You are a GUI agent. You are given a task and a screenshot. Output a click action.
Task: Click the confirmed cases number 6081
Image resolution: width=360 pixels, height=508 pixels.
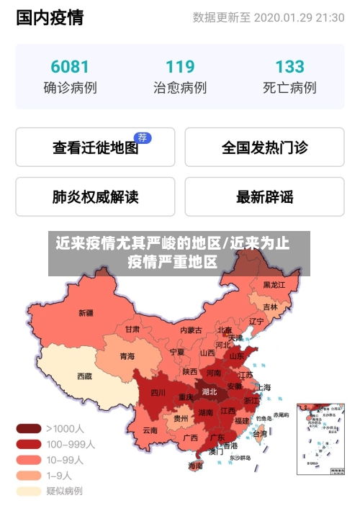click(70, 67)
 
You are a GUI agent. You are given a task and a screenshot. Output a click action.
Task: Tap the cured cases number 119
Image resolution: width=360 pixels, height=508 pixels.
click(180, 67)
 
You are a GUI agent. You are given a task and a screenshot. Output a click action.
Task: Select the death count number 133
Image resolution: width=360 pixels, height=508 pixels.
click(289, 67)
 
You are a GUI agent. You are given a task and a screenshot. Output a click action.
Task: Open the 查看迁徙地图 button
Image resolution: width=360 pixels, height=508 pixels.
click(95, 148)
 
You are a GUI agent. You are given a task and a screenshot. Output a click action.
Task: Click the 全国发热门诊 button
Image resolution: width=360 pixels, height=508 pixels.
click(264, 148)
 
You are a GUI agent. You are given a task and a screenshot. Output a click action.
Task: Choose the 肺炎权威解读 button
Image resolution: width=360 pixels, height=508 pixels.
click(95, 196)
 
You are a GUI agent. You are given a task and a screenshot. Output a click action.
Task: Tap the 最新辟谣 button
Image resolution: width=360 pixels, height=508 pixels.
click(264, 196)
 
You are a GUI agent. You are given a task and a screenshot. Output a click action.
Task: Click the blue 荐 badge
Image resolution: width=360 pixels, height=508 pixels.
click(143, 137)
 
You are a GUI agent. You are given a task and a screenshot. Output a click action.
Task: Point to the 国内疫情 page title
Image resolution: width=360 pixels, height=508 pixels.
click(50, 18)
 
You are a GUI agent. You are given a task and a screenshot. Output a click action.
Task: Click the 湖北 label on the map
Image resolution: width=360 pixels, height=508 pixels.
click(210, 392)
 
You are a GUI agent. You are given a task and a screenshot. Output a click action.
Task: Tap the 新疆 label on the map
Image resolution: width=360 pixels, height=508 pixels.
click(86, 313)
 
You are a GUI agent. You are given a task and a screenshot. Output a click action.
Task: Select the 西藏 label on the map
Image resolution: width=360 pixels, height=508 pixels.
click(84, 376)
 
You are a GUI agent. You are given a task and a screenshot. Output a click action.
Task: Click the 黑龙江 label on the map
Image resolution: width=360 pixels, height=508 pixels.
click(274, 285)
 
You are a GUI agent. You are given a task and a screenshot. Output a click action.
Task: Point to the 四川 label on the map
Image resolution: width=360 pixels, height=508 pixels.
click(158, 393)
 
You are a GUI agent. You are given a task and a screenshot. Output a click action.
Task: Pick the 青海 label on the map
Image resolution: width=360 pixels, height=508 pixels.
click(127, 356)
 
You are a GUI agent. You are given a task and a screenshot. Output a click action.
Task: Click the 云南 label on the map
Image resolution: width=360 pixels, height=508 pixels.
click(150, 430)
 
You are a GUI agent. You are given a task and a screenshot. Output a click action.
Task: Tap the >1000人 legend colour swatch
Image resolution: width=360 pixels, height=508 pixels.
click(29, 428)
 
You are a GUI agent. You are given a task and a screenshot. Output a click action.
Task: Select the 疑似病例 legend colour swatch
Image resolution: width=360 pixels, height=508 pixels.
click(29, 491)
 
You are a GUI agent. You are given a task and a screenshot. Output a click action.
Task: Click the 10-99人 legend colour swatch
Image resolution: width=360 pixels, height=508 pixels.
click(29, 460)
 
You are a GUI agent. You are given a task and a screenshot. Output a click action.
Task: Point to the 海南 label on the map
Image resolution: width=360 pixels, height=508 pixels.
click(195, 466)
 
